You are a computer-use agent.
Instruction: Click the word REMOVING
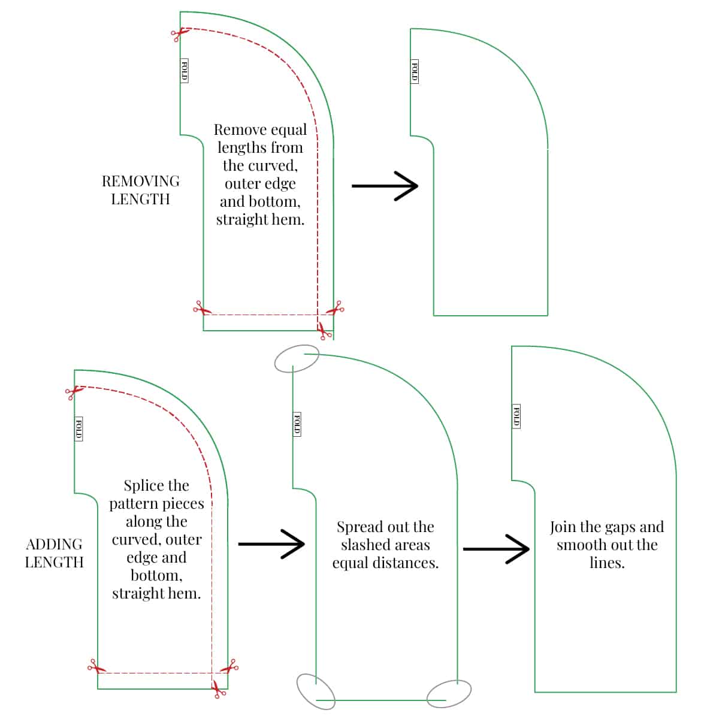tap(140, 182)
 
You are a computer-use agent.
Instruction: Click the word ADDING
tap(54, 545)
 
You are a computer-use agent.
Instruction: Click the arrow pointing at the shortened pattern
tap(384, 186)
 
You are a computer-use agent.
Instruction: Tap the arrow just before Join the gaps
tap(496, 548)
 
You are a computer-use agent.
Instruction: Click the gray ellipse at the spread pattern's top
tap(297, 359)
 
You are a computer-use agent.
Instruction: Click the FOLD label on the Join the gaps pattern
tap(516, 416)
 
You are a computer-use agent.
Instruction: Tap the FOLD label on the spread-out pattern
tap(297, 424)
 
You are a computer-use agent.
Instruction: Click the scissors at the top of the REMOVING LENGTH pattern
tap(178, 34)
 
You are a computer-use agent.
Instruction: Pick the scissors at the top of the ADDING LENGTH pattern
tap(72, 392)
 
